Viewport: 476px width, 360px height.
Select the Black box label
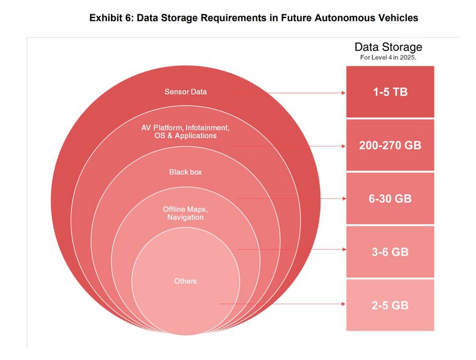tap(185, 172)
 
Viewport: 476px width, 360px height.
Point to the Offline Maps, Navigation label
tap(185, 213)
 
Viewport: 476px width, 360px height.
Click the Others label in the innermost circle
tap(185, 281)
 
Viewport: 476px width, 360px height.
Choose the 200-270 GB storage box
tap(390, 145)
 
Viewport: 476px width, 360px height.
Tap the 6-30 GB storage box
tap(390, 199)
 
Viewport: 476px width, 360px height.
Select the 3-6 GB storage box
tap(390, 251)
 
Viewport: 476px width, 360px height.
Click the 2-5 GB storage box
tap(390, 305)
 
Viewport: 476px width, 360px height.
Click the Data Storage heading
tap(388, 47)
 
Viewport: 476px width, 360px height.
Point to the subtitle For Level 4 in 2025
tap(388, 58)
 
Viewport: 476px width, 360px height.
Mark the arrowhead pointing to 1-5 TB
tap(343, 93)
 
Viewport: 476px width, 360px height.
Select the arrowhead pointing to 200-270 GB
tap(343, 146)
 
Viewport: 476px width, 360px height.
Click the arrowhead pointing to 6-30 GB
tap(343, 198)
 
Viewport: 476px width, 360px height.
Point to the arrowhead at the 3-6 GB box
tap(343, 249)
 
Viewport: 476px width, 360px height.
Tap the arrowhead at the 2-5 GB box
tap(343, 304)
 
